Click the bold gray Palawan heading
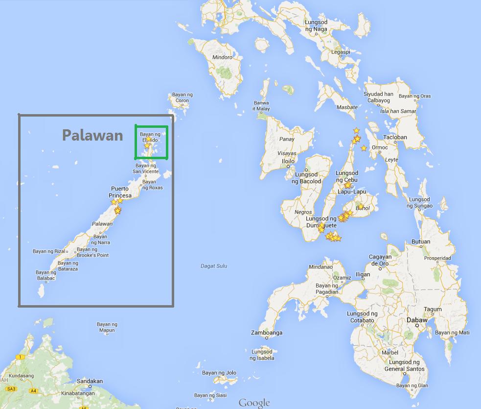pyautogui.click(x=92, y=135)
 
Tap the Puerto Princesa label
pyautogui.click(x=120, y=192)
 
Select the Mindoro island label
pyautogui.click(x=222, y=57)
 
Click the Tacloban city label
pyautogui.click(x=395, y=137)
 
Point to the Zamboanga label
pyautogui.click(x=267, y=333)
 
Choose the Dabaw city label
pyautogui.click(x=417, y=320)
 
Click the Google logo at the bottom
pyautogui.click(x=254, y=403)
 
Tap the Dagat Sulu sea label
pyautogui.click(x=214, y=266)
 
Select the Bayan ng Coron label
pyautogui.click(x=182, y=97)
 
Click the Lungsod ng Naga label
pyautogui.click(x=316, y=26)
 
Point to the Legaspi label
pyautogui.click(x=341, y=52)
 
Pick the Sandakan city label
pyautogui.click(x=90, y=381)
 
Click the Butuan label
pyautogui.click(x=420, y=241)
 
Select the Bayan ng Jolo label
pyautogui.click(x=223, y=373)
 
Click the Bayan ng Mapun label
pyautogui.click(x=107, y=327)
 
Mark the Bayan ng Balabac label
pyautogui.click(x=46, y=275)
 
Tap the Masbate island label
pyautogui.click(x=347, y=107)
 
